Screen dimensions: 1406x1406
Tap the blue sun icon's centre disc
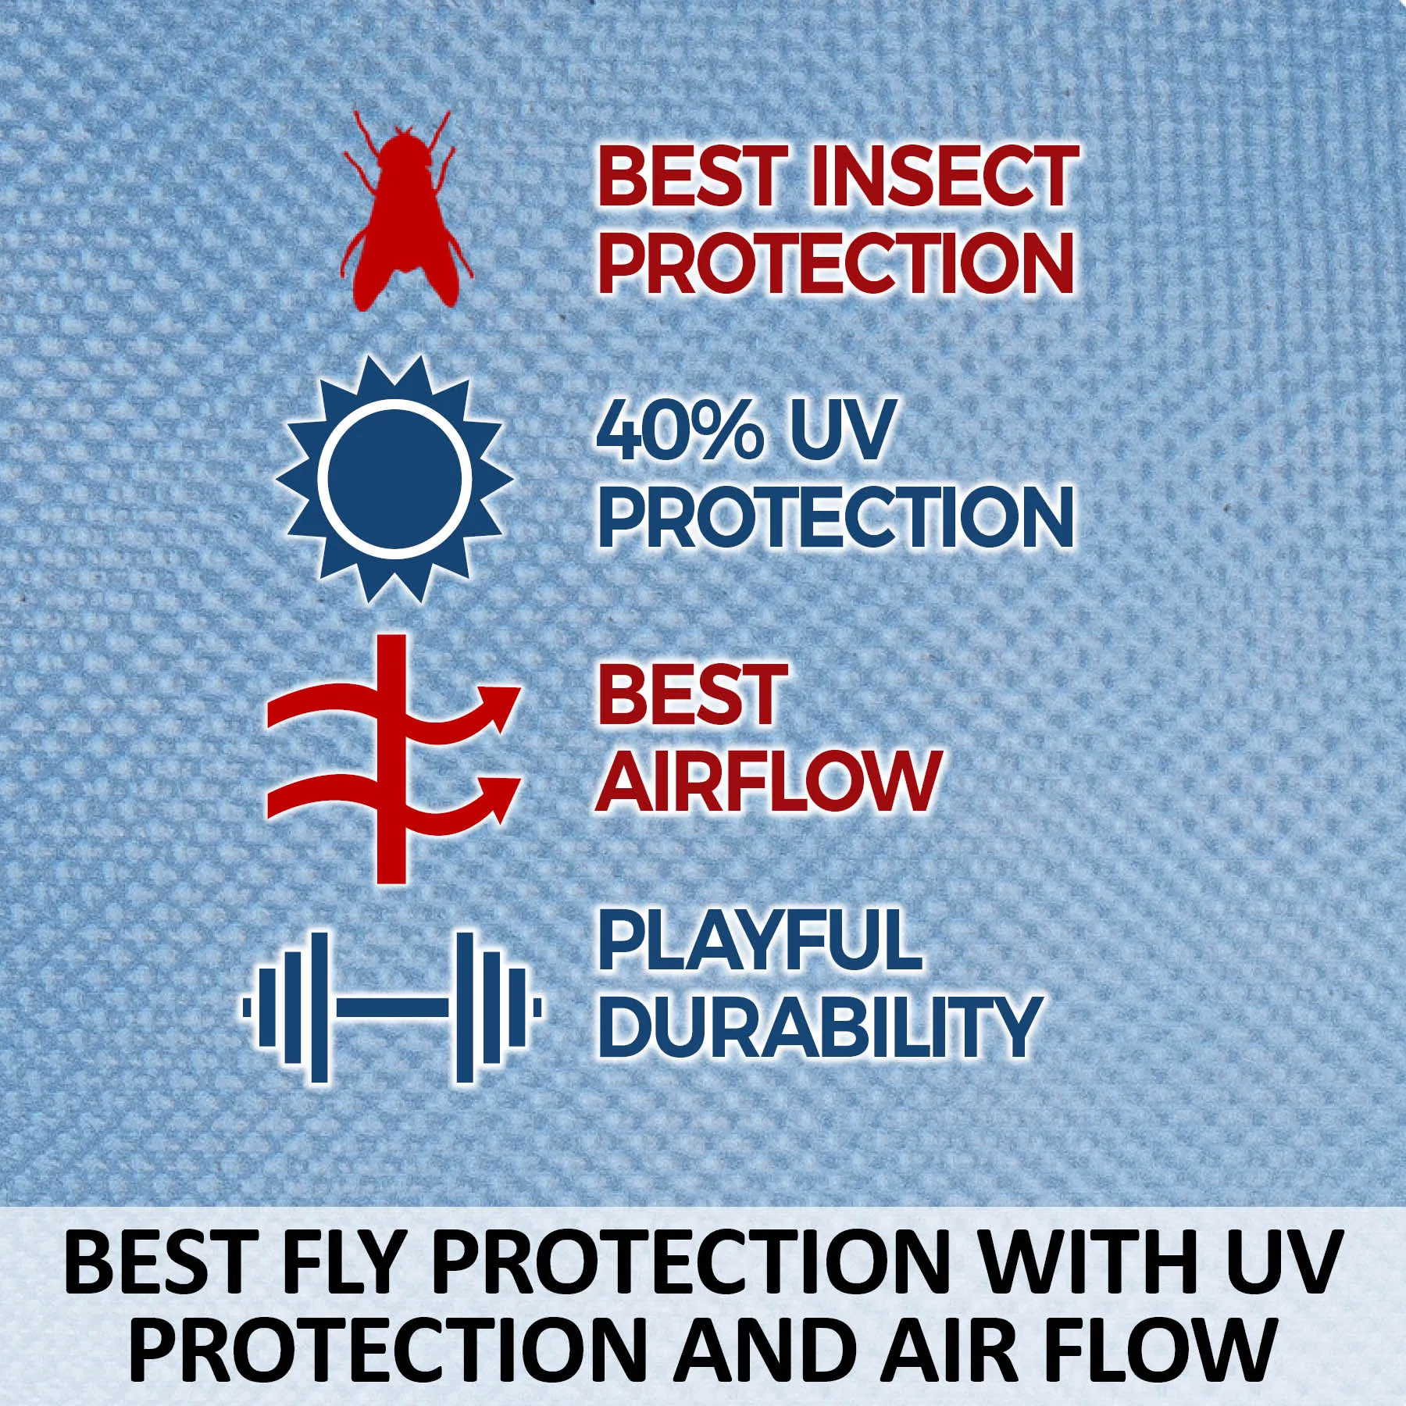coord(394,480)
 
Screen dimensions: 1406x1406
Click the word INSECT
coord(944,177)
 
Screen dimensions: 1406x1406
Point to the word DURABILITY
coord(820,1026)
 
